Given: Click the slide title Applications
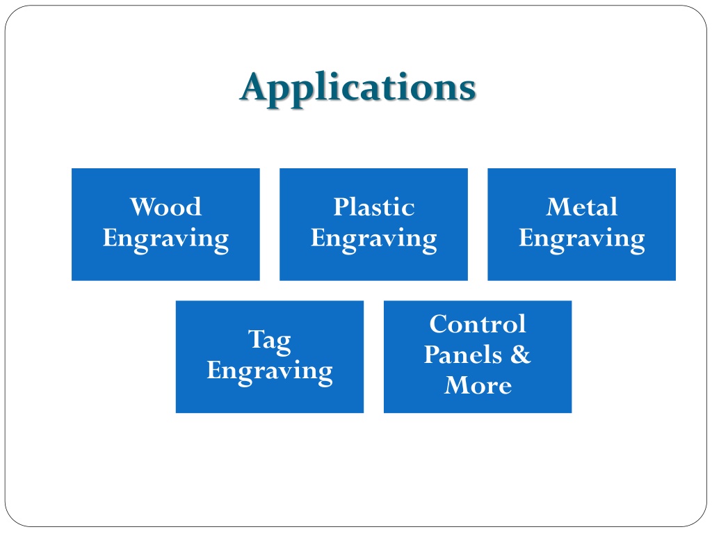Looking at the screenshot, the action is point(358,88).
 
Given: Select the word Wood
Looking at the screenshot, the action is point(165,207).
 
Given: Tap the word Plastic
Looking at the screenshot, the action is point(373,207).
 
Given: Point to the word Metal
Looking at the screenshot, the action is point(582,207).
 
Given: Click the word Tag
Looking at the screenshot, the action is point(270,341).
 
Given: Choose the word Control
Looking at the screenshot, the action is point(478,324).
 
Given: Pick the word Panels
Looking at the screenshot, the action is point(462,354).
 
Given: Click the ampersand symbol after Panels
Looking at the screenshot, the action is point(520,354).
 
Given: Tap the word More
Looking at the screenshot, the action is point(478,385).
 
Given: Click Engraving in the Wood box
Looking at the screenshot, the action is point(165,240).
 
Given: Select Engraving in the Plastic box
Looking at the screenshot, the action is point(373,240).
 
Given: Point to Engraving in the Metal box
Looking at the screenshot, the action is point(582,240).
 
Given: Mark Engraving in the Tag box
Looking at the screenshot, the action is point(270,372).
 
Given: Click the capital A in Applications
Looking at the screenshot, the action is point(254,86).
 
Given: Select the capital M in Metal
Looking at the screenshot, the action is point(558,207).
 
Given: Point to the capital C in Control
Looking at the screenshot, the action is point(439,324).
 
